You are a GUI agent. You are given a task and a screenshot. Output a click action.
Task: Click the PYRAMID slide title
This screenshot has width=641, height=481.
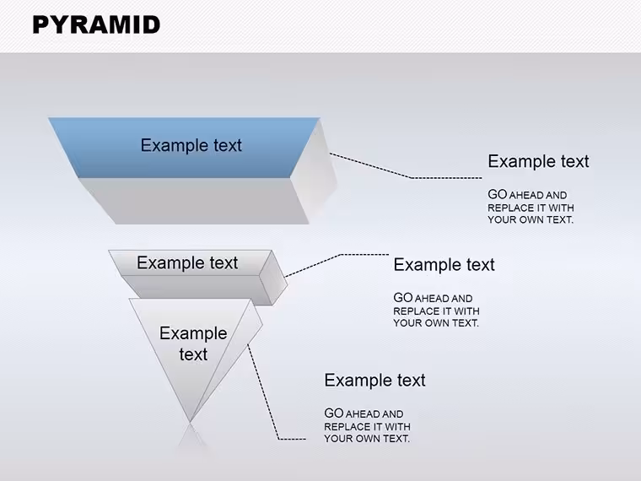(96, 24)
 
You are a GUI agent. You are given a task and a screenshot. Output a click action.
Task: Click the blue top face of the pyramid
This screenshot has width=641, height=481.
(184, 148)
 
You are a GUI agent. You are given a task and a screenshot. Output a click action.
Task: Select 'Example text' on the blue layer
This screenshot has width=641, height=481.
(191, 145)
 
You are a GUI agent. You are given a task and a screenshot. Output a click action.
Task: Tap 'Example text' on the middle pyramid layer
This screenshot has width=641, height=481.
(187, 262)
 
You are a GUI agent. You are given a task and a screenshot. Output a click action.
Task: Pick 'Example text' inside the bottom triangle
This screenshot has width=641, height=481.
(193, 343)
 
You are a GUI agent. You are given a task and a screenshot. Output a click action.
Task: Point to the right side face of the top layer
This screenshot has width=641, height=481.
(315, 172)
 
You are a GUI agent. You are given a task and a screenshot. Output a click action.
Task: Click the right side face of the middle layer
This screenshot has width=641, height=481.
(273, 278)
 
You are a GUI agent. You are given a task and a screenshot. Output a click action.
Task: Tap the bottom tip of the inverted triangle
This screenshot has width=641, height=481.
(190, 422)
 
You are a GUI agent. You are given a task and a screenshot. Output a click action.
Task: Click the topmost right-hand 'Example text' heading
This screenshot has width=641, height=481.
(538, 161)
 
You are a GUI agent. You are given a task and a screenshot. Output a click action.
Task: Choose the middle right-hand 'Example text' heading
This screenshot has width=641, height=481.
(444, 265)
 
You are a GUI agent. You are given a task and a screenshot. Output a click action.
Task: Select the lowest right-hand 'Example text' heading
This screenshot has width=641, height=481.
(374, 380)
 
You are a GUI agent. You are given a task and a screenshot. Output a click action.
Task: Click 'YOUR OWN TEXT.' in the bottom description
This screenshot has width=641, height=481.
(367, 439)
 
